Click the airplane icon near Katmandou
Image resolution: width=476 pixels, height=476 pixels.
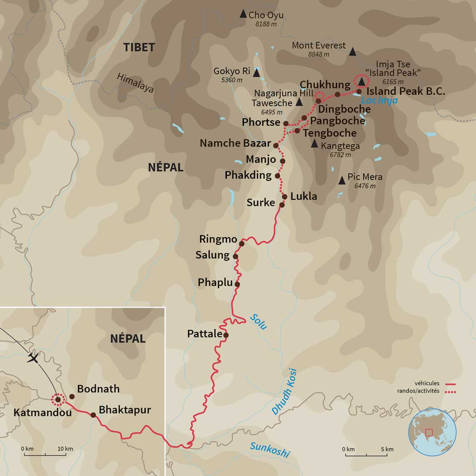pyautogui.click(x=33, y=358)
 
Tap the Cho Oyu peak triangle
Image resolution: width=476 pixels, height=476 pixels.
pyautogui.click(x=243, y=14)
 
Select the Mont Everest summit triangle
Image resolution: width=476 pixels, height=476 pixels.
pyautogui.click(x=352, y=52)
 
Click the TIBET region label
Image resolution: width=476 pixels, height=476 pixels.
pyautogui.click(x=139, y=47)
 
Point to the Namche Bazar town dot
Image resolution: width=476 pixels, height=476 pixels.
pyautogui.click(x=276, y=145)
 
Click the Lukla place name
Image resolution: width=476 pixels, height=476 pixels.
pyautogui.click(x=304, y=196)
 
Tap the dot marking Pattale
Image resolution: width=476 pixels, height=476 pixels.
pyautogui.click(x=226, y=335)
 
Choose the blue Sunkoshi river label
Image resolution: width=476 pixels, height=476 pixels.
pyautogui.click(x=269, y=450)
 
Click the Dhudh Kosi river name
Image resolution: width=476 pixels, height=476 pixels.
pyautogui.click(x=284, y=392)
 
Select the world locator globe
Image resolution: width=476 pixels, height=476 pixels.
pyautogui.click(x=432, y=432)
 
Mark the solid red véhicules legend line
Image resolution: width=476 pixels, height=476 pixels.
pyautogui.click(x=450, y=384)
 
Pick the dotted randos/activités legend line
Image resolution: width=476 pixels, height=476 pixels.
pyautogui.click(x=450, y=392)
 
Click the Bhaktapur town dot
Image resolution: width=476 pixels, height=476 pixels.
pyautogui.click(x=93, y=415)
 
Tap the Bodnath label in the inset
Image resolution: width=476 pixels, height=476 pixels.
pyautogui.click(x=98, y=389)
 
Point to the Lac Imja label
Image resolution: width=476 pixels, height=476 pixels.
pyautogui.click(x=379, y=100)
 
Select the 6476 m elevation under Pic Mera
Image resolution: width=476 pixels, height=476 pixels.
pyautogui.click(x=365, y=186)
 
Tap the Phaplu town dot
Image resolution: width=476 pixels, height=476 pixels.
pyautogui.click(x=237, y=284)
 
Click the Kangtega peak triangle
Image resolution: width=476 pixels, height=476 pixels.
pyautogui.click(x=314, y=144)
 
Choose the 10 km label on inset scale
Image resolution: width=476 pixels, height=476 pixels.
pyautogui.click(x=65, y=449)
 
